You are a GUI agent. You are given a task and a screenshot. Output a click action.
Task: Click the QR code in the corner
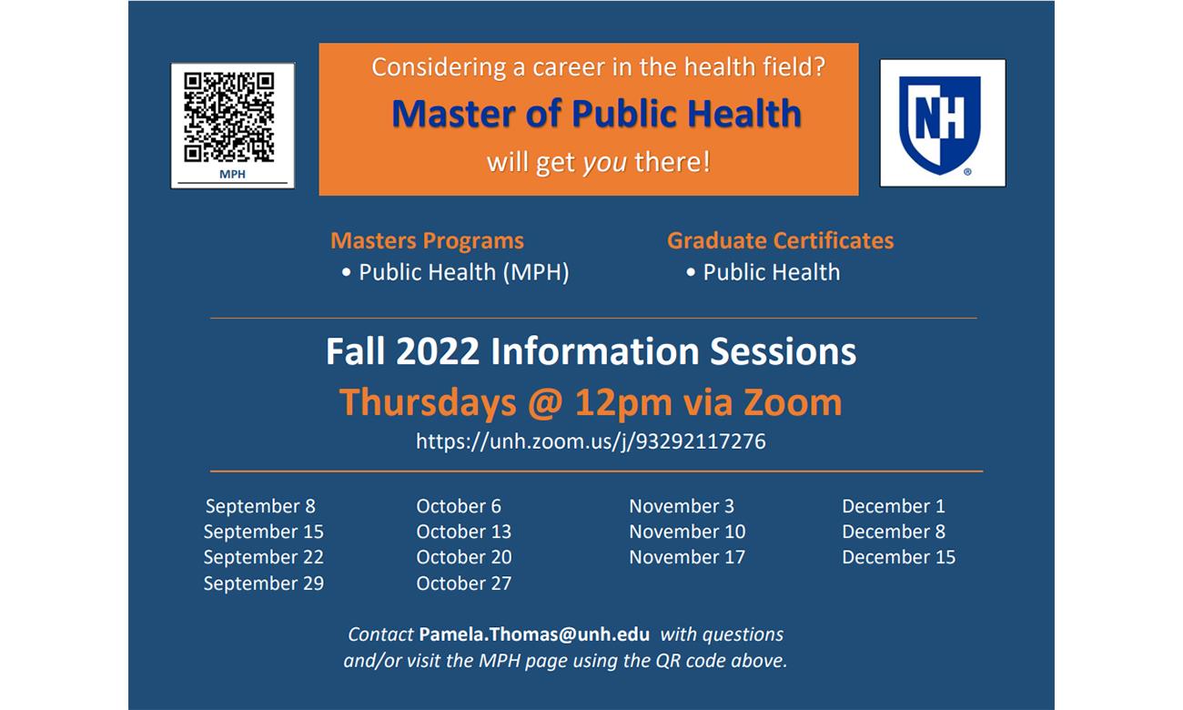click(x=228, y=117)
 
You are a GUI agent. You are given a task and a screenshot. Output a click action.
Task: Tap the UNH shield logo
click(x=939, y=126)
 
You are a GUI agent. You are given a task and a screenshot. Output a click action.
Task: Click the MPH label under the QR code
click(x=232, y=174)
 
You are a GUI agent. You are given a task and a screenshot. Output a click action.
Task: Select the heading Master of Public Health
click(x=596, y=114)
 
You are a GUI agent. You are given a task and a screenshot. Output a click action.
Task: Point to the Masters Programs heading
click(x=427, y=241)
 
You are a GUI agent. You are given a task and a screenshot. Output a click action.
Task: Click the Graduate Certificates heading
click(x=780, y=241)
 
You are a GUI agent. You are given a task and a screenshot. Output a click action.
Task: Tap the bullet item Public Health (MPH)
click(x=456, y=272)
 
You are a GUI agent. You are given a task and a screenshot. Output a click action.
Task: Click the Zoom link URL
click(x=591, y=441)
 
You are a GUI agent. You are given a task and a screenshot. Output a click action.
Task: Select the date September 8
click(x=260, y=507)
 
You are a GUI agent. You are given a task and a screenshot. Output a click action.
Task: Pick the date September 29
click(x=264, y=583)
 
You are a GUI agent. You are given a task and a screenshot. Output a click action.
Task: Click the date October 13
click(x=464, y=532)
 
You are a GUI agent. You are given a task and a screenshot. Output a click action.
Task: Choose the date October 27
click(x=464, y=583)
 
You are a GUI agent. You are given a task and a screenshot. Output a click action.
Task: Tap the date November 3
click(x=682, y=507)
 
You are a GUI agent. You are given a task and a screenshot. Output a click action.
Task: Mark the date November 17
click(x=687, y=557)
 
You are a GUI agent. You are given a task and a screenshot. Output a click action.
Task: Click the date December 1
click(x=893, y=507)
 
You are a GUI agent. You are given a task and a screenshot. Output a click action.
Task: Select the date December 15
click(x=898, y=557)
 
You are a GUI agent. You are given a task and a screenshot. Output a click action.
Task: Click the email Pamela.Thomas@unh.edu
click(x=534, y=634)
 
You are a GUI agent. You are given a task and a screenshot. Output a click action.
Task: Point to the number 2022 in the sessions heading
click(x=438, y=352)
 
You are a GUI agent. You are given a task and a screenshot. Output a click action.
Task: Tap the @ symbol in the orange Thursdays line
click(x=545, y=404)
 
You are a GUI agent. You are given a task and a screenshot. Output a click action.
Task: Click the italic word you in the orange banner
click(x=605, y=163)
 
